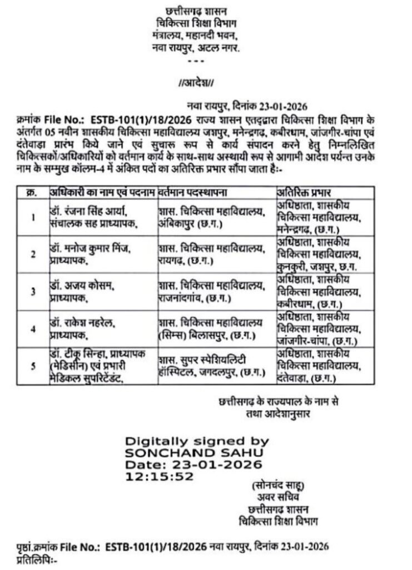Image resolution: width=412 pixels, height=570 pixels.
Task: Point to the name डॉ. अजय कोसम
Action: point(81,286)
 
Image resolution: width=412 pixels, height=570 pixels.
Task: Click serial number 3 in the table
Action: point(33,291)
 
